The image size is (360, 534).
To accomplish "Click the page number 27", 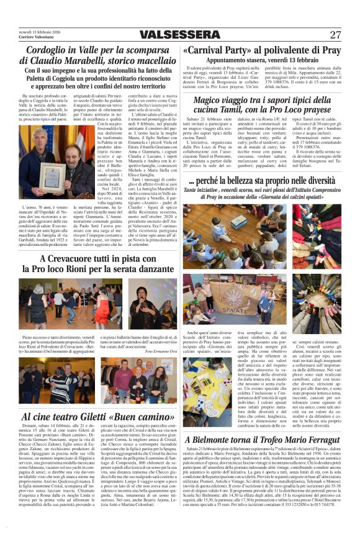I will coord(335,35).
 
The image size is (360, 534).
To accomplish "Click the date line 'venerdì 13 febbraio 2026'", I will coord(42,31).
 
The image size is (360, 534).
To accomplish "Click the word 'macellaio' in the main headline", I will coord(150,60).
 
